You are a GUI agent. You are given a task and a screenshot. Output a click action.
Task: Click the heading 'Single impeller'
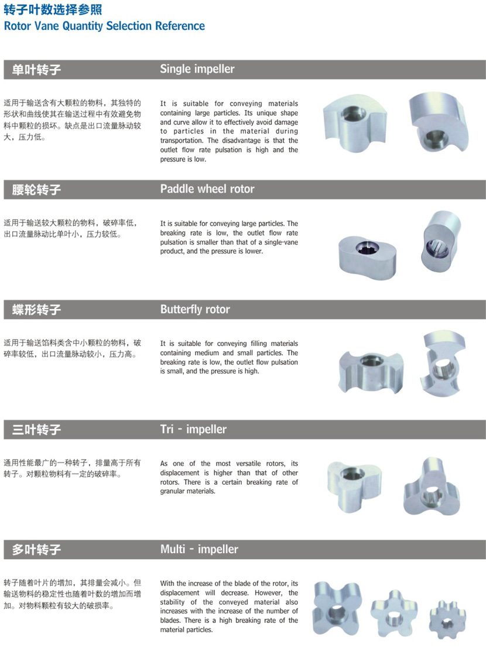197,69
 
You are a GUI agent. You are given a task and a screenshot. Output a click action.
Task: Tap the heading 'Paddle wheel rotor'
207,189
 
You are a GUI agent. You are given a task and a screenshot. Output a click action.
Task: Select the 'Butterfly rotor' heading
195,309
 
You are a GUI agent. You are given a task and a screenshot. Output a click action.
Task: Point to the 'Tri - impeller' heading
193,429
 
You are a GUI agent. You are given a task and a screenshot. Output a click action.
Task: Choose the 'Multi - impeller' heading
199,549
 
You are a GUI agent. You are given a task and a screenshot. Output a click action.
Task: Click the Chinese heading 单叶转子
36,70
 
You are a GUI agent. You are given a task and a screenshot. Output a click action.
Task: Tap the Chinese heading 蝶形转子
36,310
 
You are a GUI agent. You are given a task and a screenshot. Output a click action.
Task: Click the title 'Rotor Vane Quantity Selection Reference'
104,26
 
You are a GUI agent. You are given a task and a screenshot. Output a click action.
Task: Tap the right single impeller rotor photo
438,122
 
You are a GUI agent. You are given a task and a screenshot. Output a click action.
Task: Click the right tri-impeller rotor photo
432,488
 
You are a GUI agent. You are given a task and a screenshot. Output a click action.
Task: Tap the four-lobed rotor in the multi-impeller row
337,608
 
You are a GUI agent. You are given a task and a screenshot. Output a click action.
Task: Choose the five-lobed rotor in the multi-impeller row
394,613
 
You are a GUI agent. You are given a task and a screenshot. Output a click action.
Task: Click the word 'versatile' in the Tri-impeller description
248,464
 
